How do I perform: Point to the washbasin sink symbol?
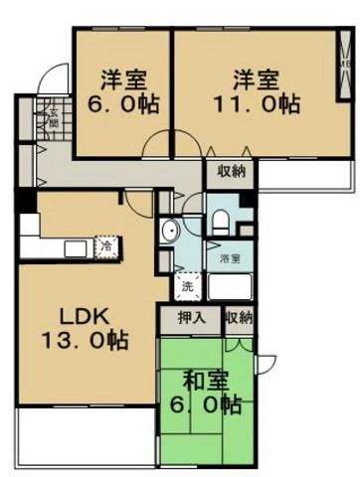click(x=169, y=234)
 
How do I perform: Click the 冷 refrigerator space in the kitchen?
click(x=103, y=241)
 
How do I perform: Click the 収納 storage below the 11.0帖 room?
click(x=229, y=170)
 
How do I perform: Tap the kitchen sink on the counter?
click(x=74, y=245)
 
